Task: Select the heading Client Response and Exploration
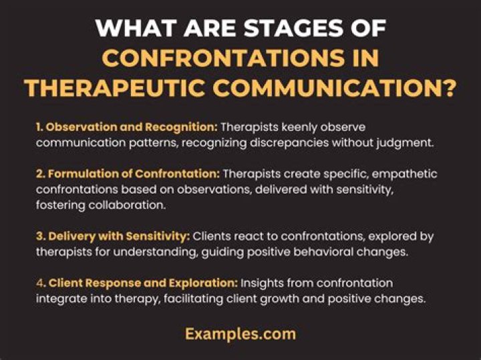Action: pyautogui.click(x=153, y=284)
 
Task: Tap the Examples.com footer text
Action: pyautogui.click(x=240, y=334)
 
